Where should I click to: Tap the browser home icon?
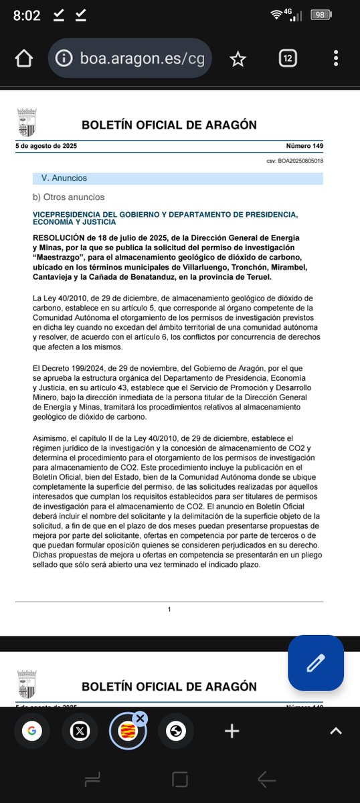pos(23,59)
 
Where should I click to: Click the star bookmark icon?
pos(238,59)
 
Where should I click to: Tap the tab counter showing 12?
pos(287,59)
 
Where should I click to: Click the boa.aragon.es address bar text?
pos(143,60)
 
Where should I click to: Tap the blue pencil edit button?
pos(315,663)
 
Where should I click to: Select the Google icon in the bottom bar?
pos(31,731)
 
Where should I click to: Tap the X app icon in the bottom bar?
pos(76,731)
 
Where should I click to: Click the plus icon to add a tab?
pos(232,731)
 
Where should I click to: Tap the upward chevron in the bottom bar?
pos(336,731)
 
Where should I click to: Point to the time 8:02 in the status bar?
pos(27,15)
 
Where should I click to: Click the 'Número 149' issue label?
pos(304,146)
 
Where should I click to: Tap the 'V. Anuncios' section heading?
pos(64,179)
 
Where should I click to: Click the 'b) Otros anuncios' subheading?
pos(69,197)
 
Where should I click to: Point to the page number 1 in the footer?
pos(170,609)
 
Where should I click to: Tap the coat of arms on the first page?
pos(27,122)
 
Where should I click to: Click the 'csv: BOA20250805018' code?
pos(294,161)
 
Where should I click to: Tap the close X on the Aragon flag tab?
pos(139,719)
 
